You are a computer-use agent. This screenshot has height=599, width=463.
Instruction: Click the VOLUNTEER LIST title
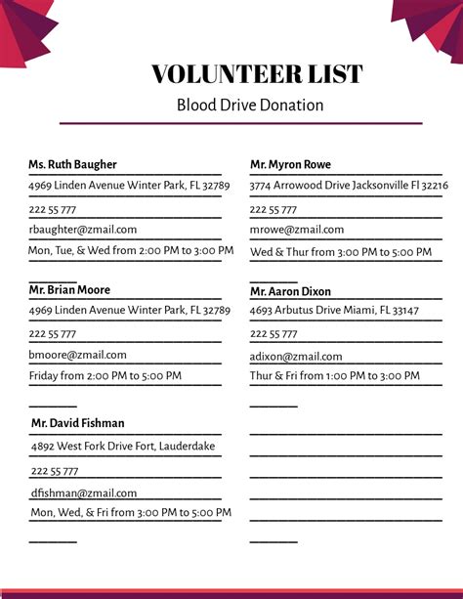click(x=257, y=74)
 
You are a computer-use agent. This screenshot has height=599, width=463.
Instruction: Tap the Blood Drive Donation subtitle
click(x=250, y=105)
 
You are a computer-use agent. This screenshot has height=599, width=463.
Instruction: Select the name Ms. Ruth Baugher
click(x=72, y=164)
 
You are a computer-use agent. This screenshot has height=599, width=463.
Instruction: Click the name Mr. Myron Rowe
click(x=290, y=164)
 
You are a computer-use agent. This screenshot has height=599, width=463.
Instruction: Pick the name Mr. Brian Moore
click(x=69, y=289)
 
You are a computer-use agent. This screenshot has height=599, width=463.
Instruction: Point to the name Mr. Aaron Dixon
click(x=290, y=291)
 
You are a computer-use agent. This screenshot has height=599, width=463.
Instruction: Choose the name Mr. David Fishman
click(x=77, y=423)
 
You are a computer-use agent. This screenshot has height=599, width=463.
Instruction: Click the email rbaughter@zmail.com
click(x=83, y=230)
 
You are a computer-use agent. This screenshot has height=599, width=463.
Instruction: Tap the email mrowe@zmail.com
click(x=297, y=230)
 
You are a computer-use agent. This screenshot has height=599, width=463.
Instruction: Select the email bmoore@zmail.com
click(x=78, y=355)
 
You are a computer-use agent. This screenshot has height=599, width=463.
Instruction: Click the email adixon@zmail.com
click(x=296, y=357)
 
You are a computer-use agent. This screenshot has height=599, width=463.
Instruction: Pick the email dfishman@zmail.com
click(x=84, y=493)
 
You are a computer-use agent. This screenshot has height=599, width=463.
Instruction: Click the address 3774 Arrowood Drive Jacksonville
click(x=349, y=185)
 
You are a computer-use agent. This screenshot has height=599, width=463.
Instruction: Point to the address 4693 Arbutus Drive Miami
click(x=334, y=310)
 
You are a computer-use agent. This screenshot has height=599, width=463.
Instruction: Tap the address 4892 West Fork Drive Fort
click(x=123, y=447)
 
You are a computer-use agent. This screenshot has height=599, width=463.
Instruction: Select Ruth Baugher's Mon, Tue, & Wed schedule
click(x=131, y=250)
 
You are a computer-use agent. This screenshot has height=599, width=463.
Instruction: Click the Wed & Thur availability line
click(x=340, y=252)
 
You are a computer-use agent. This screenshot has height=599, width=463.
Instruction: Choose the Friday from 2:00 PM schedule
click(x=105, y=375)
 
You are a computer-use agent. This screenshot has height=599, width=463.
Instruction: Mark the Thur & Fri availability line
click(x=334, y=376)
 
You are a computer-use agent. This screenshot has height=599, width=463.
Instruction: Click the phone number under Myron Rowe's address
click(x=273, y=209)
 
